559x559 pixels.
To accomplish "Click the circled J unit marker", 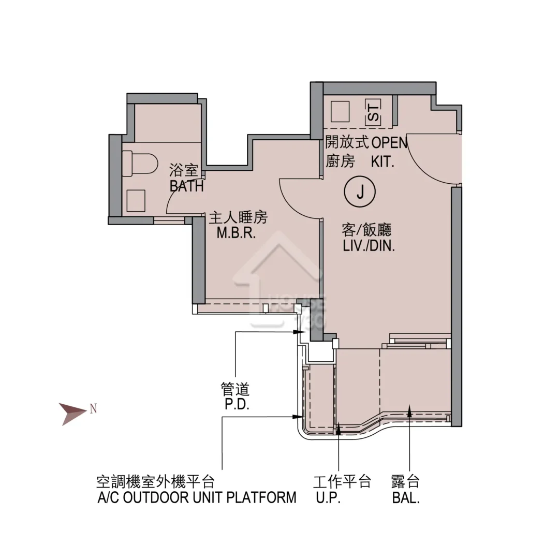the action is point(360,192).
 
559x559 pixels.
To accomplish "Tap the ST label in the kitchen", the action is point(373,112).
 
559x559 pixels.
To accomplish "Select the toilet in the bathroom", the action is point(140,163).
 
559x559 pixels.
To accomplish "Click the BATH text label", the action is point(186,186).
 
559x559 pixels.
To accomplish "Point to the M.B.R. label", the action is point(237,233).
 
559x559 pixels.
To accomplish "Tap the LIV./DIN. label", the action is point(369,246).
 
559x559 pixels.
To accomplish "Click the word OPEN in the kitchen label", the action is point(390,143).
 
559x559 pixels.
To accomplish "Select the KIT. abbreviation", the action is point(383,162).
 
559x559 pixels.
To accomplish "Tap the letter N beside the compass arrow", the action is point(93,408).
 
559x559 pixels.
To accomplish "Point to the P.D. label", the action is point(237,404).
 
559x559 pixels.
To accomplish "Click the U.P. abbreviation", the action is point(328,497).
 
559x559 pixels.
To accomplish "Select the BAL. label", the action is point(406,498).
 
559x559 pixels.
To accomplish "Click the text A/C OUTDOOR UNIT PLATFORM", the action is point(197,497).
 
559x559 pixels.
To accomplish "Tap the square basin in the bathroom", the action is point(136,201).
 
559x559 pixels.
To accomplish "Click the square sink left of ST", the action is point(340,112).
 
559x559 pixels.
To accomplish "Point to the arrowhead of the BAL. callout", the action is point(409,410).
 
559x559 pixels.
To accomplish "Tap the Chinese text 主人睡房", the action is point(238,217).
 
